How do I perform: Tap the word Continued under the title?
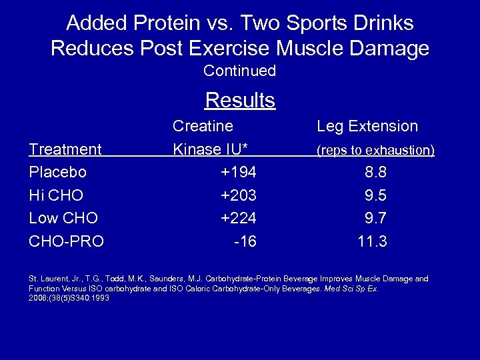240,71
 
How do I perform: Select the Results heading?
240,101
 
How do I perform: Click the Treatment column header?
65,149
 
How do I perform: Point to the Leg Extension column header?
367,126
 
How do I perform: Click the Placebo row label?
58,172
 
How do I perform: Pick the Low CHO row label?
63,218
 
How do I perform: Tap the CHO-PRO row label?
67,241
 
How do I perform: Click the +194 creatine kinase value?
238,172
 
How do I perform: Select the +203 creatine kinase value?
238,195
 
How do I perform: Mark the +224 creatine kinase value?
238,218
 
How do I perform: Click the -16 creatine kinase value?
245,241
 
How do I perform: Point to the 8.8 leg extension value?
375,172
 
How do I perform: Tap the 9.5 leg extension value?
375,195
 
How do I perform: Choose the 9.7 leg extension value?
375,218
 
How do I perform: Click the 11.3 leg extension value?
372,241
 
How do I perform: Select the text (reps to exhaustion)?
375,151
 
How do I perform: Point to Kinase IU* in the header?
213,149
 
